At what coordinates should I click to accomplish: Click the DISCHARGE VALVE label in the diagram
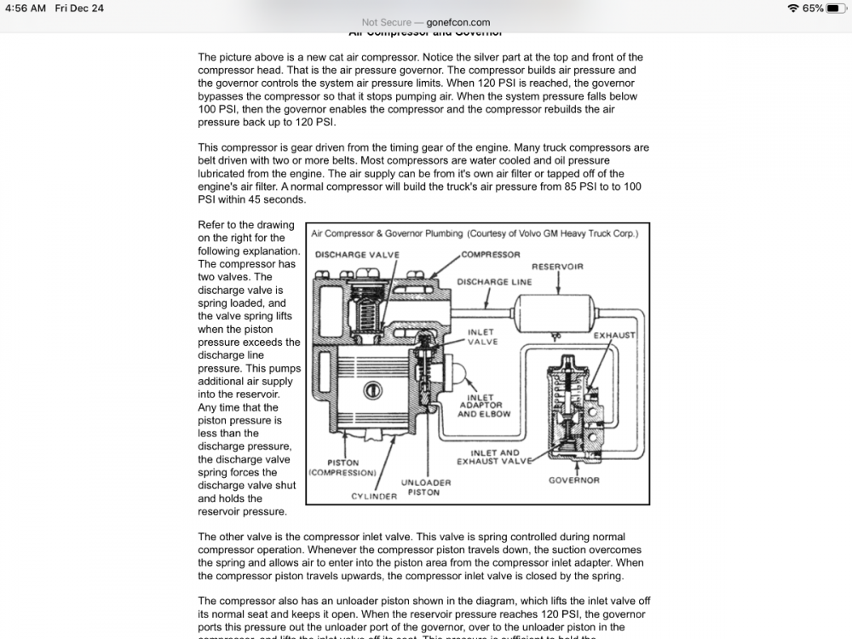[356, 255]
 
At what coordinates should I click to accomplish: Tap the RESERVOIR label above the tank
[557, 267]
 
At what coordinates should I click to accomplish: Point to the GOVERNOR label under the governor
[573, 480]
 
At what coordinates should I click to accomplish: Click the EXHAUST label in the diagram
[614, 336]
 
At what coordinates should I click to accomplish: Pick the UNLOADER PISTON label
[419, 487]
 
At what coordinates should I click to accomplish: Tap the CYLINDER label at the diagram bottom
[374, 496]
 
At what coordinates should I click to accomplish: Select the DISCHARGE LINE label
[494, 282]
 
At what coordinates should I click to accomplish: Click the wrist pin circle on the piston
[371, 391]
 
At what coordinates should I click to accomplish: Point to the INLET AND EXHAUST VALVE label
[495, 457]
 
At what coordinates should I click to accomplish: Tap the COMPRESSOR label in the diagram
[491, 255]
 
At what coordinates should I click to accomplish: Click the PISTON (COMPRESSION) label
[342, 468]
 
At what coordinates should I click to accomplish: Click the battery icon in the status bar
[837, 9]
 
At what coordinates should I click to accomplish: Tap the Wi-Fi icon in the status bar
[793, 9]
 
